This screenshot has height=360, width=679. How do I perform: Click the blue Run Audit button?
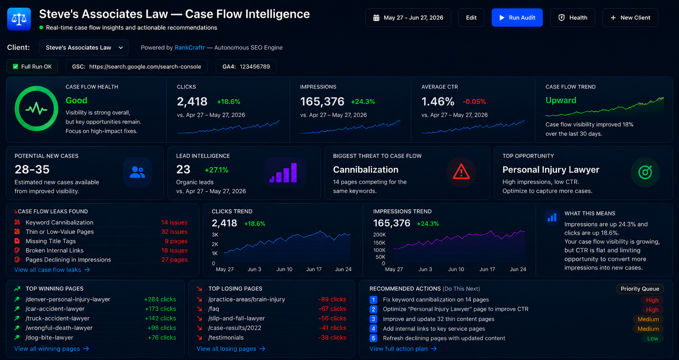pos(517,18)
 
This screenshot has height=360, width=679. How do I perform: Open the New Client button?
pos(630,18)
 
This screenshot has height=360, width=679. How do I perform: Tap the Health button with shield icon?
pos(573,18)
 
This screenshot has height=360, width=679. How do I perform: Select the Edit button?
pos(471,18)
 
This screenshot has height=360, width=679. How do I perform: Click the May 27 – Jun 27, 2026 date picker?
pos(408,18)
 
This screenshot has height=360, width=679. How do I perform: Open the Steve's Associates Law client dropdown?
pos(84,48)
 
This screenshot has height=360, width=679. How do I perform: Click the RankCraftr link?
pos(190,48)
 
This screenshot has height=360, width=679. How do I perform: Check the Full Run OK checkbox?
pos(15,67)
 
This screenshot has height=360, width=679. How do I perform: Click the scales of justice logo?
pos(19,19)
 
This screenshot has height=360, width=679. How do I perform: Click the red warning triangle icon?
pos(461,172)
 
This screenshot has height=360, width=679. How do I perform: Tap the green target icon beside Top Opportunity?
pos(645,172)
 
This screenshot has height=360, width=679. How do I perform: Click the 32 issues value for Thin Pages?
pos(174,232)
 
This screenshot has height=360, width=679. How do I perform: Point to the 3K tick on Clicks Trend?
pos(215,235)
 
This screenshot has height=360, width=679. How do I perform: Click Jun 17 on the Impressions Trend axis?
pos(487,269)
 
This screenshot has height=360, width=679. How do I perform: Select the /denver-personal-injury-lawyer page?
pos(68,299)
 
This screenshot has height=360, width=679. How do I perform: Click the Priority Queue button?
pos(640,289)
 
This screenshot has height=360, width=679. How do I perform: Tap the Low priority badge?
pos(653,338)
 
